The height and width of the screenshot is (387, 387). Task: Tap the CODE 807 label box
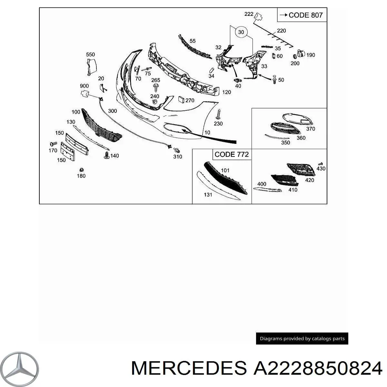[x=302, y=15]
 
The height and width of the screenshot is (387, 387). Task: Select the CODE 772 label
[x=232, y=154]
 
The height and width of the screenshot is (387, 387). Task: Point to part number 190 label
[x=310, y=55]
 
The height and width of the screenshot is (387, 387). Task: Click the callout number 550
[x=91, y=55]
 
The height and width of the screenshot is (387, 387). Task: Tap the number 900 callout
[x=84, y=86]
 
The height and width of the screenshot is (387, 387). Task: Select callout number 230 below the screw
[x=218, y=124]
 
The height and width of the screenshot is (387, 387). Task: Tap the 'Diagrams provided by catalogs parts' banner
[x=302, y=339]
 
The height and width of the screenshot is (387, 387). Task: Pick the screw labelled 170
[x=52, y=144]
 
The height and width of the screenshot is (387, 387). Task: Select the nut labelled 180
[x=81, y=170]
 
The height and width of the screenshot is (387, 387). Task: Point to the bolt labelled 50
[x=274, y=79]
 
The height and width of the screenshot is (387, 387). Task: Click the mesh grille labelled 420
[x=300, y=169]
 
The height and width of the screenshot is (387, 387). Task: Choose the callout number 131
[x=208, y=194]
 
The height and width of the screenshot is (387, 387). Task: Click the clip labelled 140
[x=107, y=155]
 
